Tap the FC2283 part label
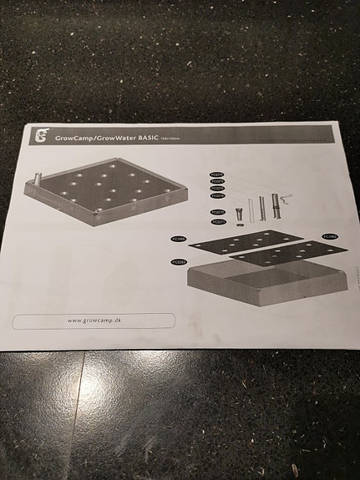tap(179, 262)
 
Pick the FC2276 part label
tap(217, 196)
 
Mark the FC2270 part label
tap(218, 213)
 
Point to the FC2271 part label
tap(219, 221)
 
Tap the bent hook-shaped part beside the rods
tap(286, 199)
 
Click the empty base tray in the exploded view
tap(259, 288)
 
